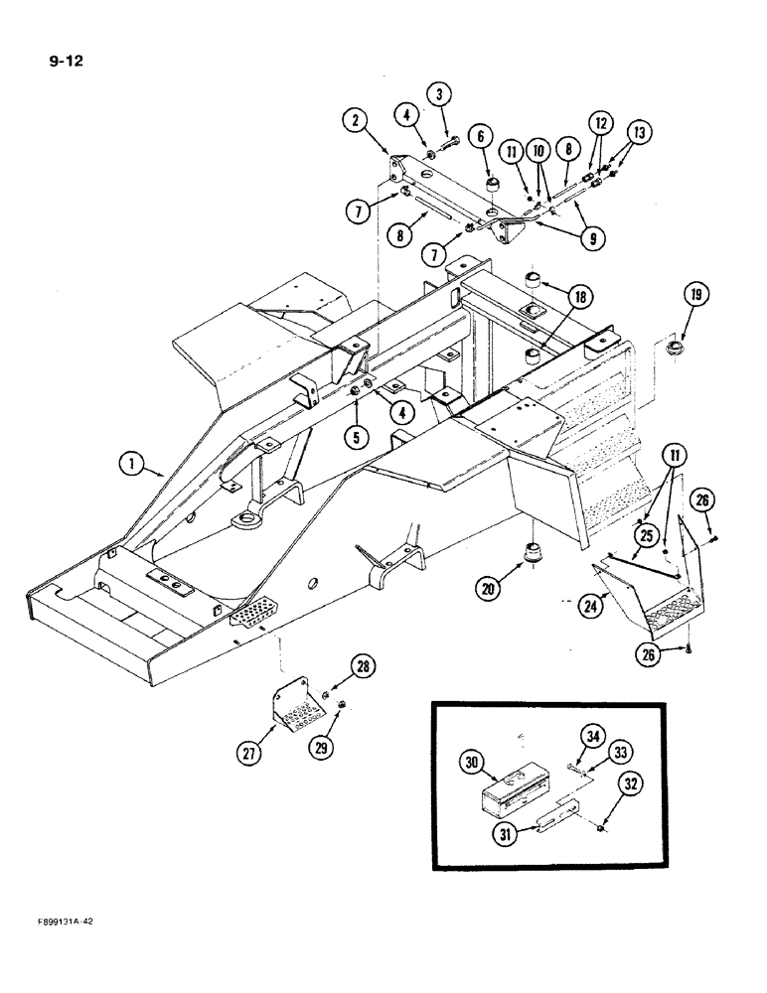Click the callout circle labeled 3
coord(440,93)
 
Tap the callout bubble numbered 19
coord(695,294)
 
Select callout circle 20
coord(488,588)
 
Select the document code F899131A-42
coord(61,922)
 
